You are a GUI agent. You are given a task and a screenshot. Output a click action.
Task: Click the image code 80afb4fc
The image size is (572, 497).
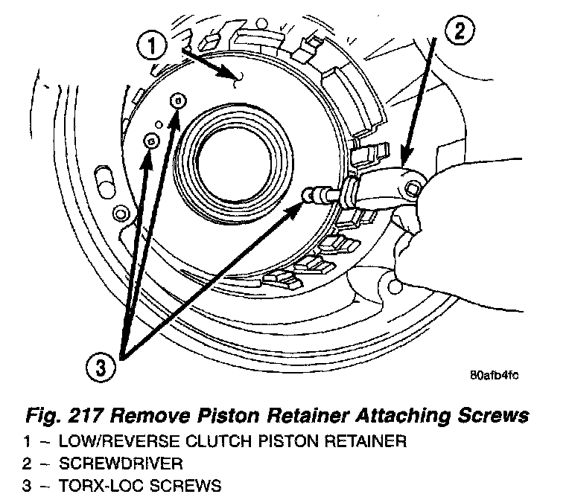[494, 374]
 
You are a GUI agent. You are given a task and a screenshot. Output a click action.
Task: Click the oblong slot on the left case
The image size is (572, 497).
[101, 181]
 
